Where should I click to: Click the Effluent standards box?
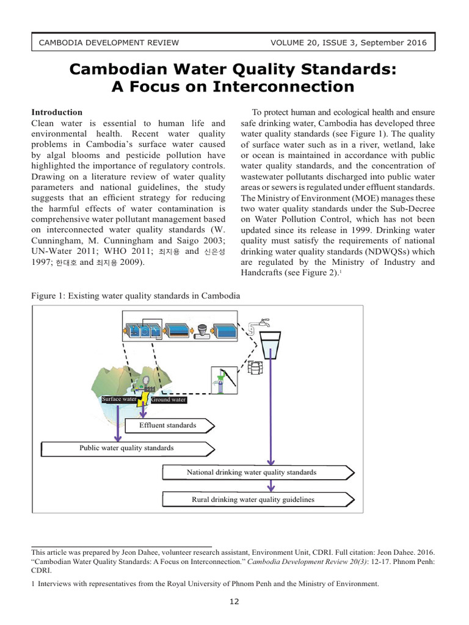[x=169, y=425]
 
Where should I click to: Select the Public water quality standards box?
[x=127, y=448]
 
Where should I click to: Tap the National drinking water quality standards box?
[x=256, y=472]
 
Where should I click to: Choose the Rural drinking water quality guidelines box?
[x=256, y=500]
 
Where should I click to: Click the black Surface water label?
[x=120, y=400]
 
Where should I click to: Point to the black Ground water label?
[x=169, y=400]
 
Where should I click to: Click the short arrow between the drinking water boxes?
[x=271, y=486]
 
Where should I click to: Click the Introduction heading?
[x=57, y=112]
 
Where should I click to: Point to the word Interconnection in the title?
[x=283, y=87]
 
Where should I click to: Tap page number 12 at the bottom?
[x=234, y=602]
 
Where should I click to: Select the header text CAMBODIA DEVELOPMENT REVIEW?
[x=109, y=43]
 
